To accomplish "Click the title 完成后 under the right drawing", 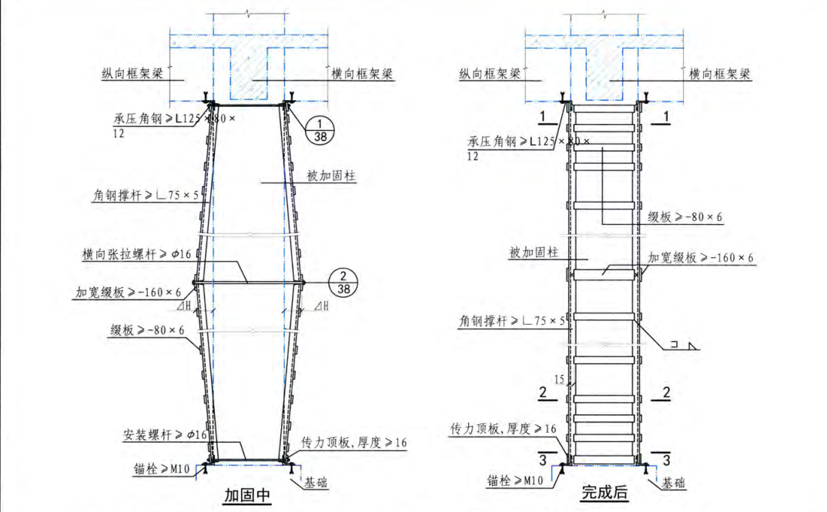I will coord(604,493).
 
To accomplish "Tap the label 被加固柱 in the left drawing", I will coord(331,176).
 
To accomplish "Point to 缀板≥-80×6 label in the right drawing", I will coord(685,218).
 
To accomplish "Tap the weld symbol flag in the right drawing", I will coord(687,347).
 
